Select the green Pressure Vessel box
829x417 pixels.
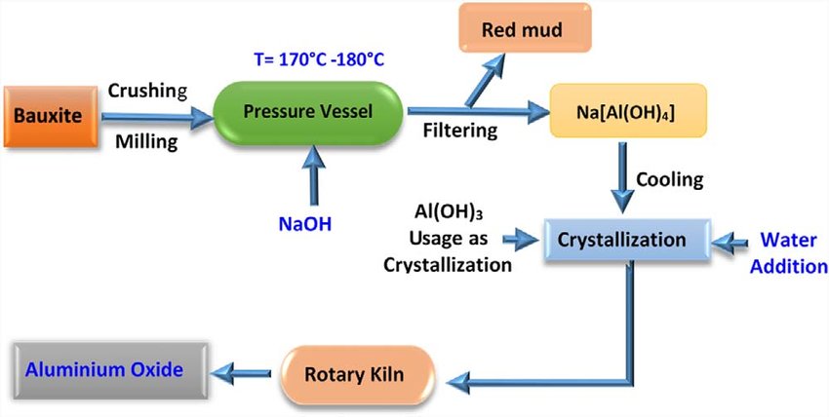point(307,112)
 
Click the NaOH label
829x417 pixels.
point(305,223)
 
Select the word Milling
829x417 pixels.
point(145,142)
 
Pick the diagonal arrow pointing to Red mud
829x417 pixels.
point(486,78)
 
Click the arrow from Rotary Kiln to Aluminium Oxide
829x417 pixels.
point(245,371)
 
